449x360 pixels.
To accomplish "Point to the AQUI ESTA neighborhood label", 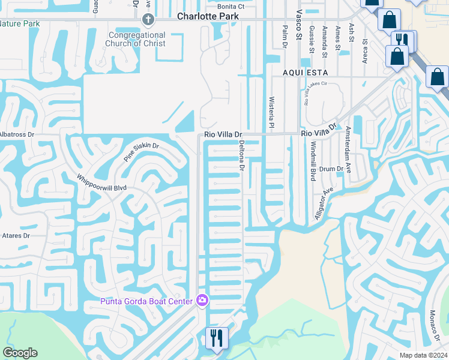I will tap(304, 71).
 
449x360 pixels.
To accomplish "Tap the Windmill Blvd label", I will tap(313, 161).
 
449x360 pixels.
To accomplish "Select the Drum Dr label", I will tap(331, 170).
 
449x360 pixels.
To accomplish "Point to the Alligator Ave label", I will tap(324, 206).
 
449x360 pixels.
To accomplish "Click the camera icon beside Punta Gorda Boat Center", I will tap(202, 300).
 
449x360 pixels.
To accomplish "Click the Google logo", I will tap(20, 353).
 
